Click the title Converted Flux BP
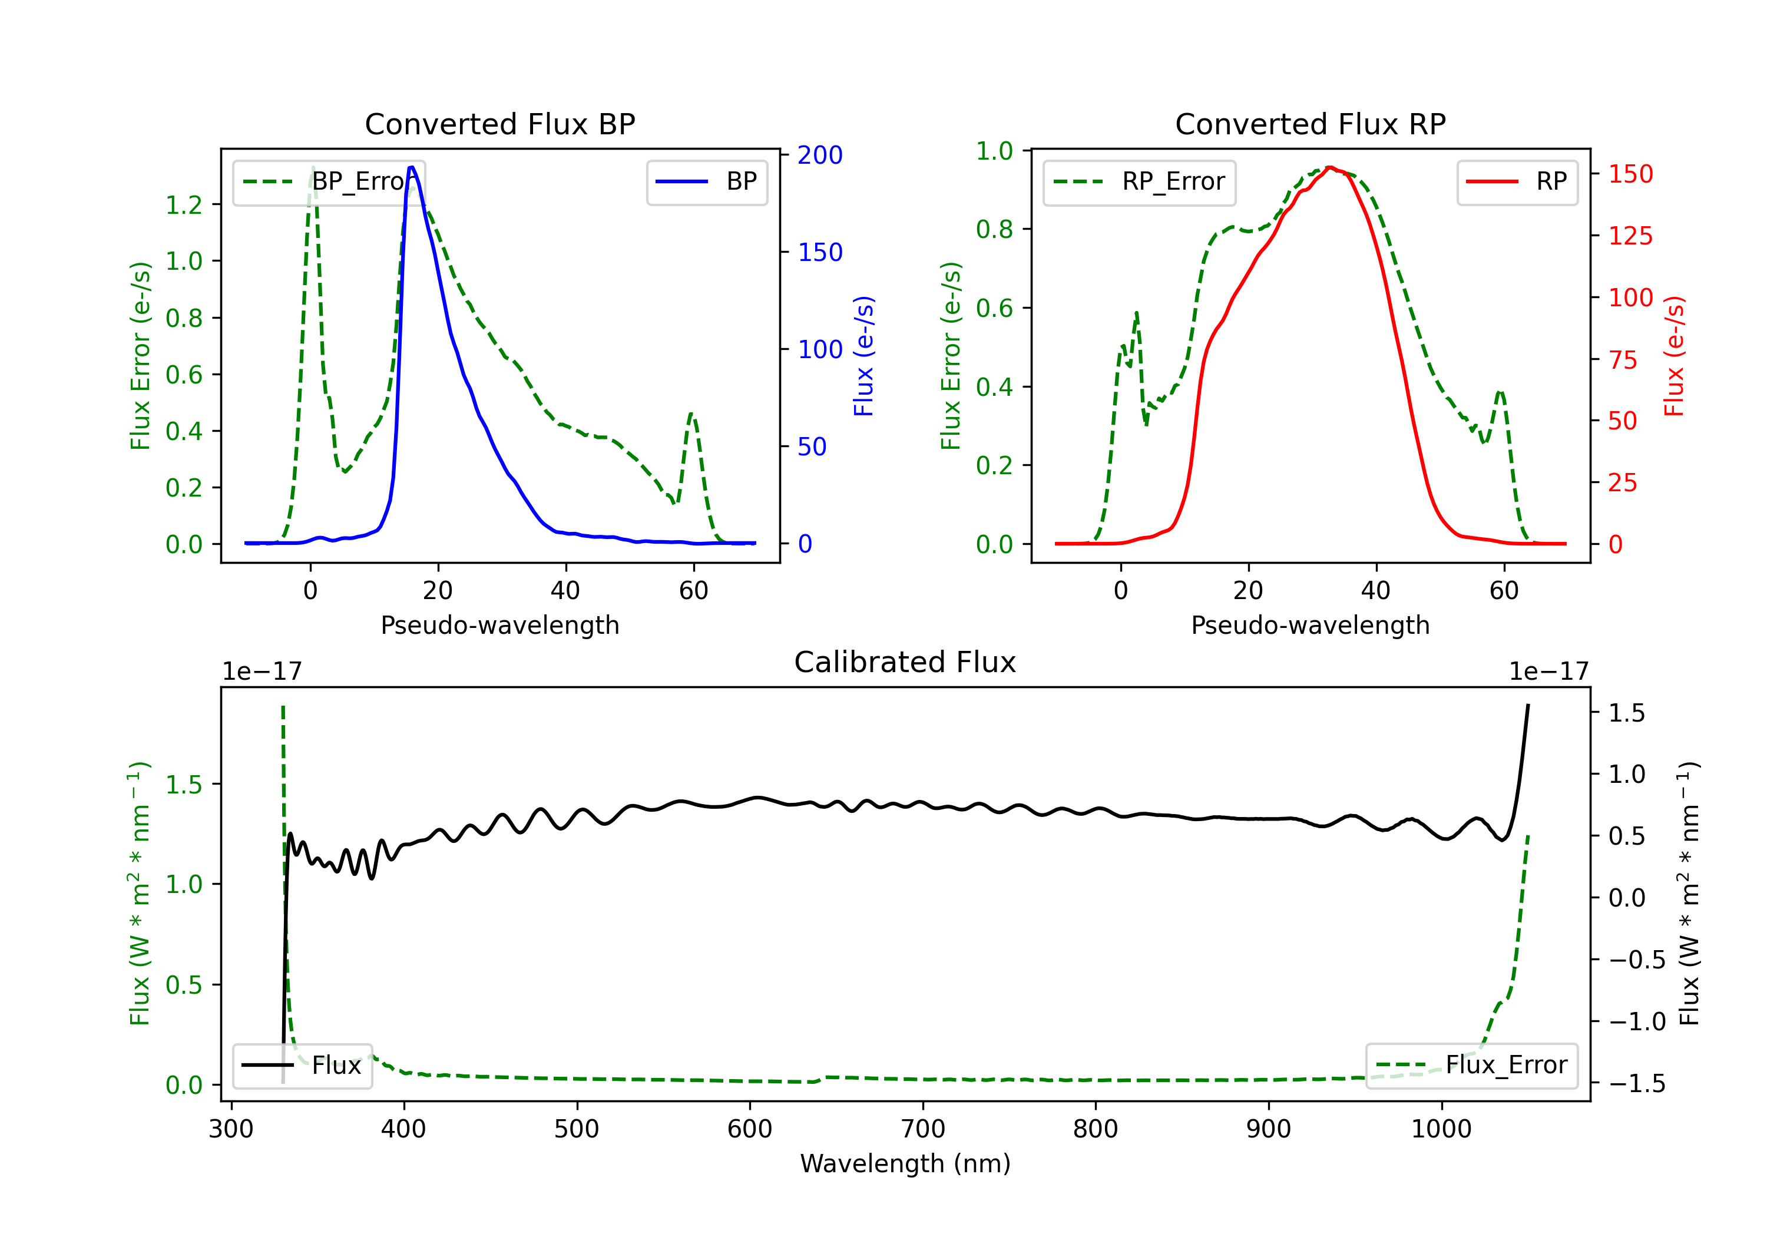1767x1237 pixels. click(x=499, y=124)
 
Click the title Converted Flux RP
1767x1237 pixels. click(x=1310, y=124)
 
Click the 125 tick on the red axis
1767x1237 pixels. click(x=1630, y=236)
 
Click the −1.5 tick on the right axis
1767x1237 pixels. click(x=1636, y=1084)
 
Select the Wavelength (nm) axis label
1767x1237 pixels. click(x=905, y=1163)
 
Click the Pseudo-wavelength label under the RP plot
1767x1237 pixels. click(x=1310, y=625)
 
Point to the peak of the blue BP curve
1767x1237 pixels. click(x=412, y=167)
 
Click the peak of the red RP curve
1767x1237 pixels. click(x=1330, y=167)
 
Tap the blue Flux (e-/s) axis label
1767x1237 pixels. click(x=863, y=356)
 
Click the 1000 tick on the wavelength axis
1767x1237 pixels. click(x=1441, y=1129)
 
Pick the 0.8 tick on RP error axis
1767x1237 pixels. click(x=994, y=229)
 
